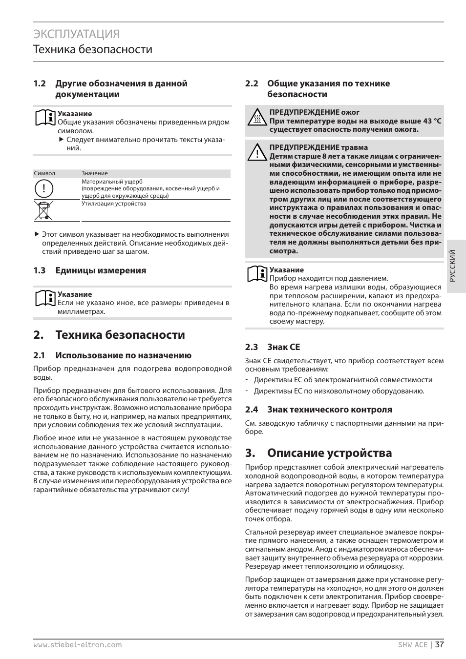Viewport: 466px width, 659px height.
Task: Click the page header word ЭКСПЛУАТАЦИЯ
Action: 77,34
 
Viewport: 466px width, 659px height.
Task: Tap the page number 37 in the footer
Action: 439,644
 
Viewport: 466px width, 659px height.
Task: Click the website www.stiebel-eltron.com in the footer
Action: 77,644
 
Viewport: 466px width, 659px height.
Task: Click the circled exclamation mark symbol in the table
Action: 43,188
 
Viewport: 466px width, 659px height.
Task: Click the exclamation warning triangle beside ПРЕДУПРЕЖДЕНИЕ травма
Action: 256,153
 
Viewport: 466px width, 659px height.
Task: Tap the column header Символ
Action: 44,173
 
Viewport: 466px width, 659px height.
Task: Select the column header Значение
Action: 95,173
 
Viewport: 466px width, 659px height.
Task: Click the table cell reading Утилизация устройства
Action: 114,204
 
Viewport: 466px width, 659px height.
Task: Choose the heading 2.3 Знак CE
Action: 273,347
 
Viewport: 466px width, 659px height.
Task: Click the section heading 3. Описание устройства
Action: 318,453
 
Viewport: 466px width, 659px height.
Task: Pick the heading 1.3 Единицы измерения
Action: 90,270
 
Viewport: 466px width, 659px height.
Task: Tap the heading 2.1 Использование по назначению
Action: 112,355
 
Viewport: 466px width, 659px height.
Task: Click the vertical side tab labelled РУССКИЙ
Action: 453,266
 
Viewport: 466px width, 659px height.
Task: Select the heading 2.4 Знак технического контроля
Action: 318,410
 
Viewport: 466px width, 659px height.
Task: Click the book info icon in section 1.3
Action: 45,298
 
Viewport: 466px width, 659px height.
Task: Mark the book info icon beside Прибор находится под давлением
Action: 257,274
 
